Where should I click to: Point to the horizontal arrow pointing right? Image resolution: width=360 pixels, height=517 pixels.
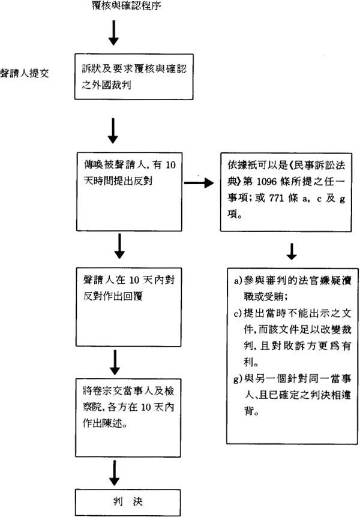point(198,182)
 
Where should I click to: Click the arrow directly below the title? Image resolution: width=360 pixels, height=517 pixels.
point(113,35)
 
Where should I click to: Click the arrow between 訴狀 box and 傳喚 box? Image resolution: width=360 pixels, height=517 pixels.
point(113,127)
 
